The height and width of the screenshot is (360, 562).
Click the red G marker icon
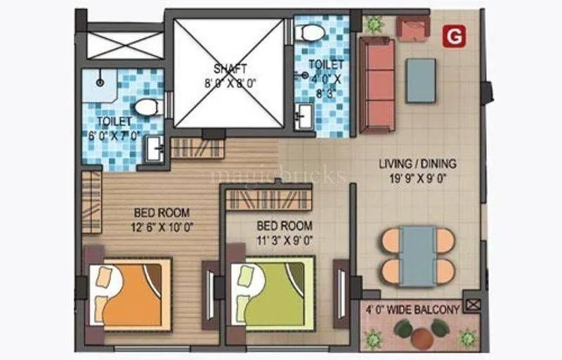tap(455, 36)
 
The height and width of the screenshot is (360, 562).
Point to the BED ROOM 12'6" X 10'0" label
tap(162, 219)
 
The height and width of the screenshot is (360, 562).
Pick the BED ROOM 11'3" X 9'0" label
tap(285, 232)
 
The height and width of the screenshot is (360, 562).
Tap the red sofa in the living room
tap(377, 84)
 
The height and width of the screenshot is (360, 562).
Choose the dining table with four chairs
tap(418, 256)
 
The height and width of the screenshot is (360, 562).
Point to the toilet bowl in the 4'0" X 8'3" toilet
tap(310, 32)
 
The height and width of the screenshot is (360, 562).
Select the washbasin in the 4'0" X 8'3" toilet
tap(304, 116)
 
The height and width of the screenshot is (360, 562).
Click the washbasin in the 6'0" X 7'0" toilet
tap(155, 149)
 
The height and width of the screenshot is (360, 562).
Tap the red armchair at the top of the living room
tap(412, 29)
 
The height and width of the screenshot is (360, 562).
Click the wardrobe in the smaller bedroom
tap(268, 199)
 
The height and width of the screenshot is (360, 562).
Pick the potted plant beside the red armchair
tap(373, 23)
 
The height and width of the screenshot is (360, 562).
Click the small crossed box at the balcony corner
tap(473, 305)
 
